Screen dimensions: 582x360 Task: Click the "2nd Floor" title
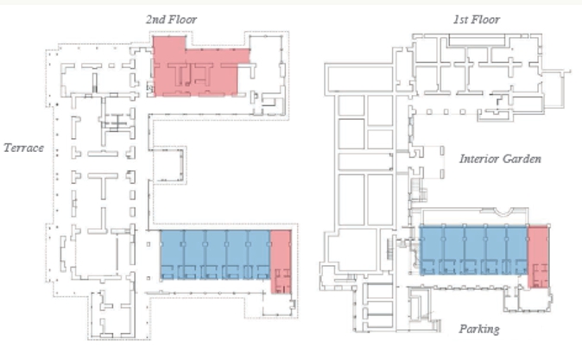point(171,19)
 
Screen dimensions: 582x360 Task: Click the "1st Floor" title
point(476,19)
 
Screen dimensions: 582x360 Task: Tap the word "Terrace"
point(24,148)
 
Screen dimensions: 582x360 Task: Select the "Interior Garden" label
point(500,159)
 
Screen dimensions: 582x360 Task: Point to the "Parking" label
point(479,329)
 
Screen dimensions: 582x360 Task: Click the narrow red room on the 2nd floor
point(281,262)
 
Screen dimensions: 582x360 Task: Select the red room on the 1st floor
point(538,256)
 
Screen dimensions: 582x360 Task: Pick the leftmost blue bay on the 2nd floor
point(172,255)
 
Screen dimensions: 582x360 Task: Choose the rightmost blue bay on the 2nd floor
point(259,255)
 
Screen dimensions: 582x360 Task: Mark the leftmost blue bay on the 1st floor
point(431,250)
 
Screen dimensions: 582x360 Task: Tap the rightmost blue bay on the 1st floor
point(517,250)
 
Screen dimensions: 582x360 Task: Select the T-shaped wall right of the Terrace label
point(103,185)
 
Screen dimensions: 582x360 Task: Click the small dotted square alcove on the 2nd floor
point(169,165)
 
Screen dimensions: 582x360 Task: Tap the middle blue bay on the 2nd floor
point(215,255)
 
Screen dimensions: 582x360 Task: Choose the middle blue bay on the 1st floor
point(474,250)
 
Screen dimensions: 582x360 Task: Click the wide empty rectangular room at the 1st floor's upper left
point(359,79)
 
